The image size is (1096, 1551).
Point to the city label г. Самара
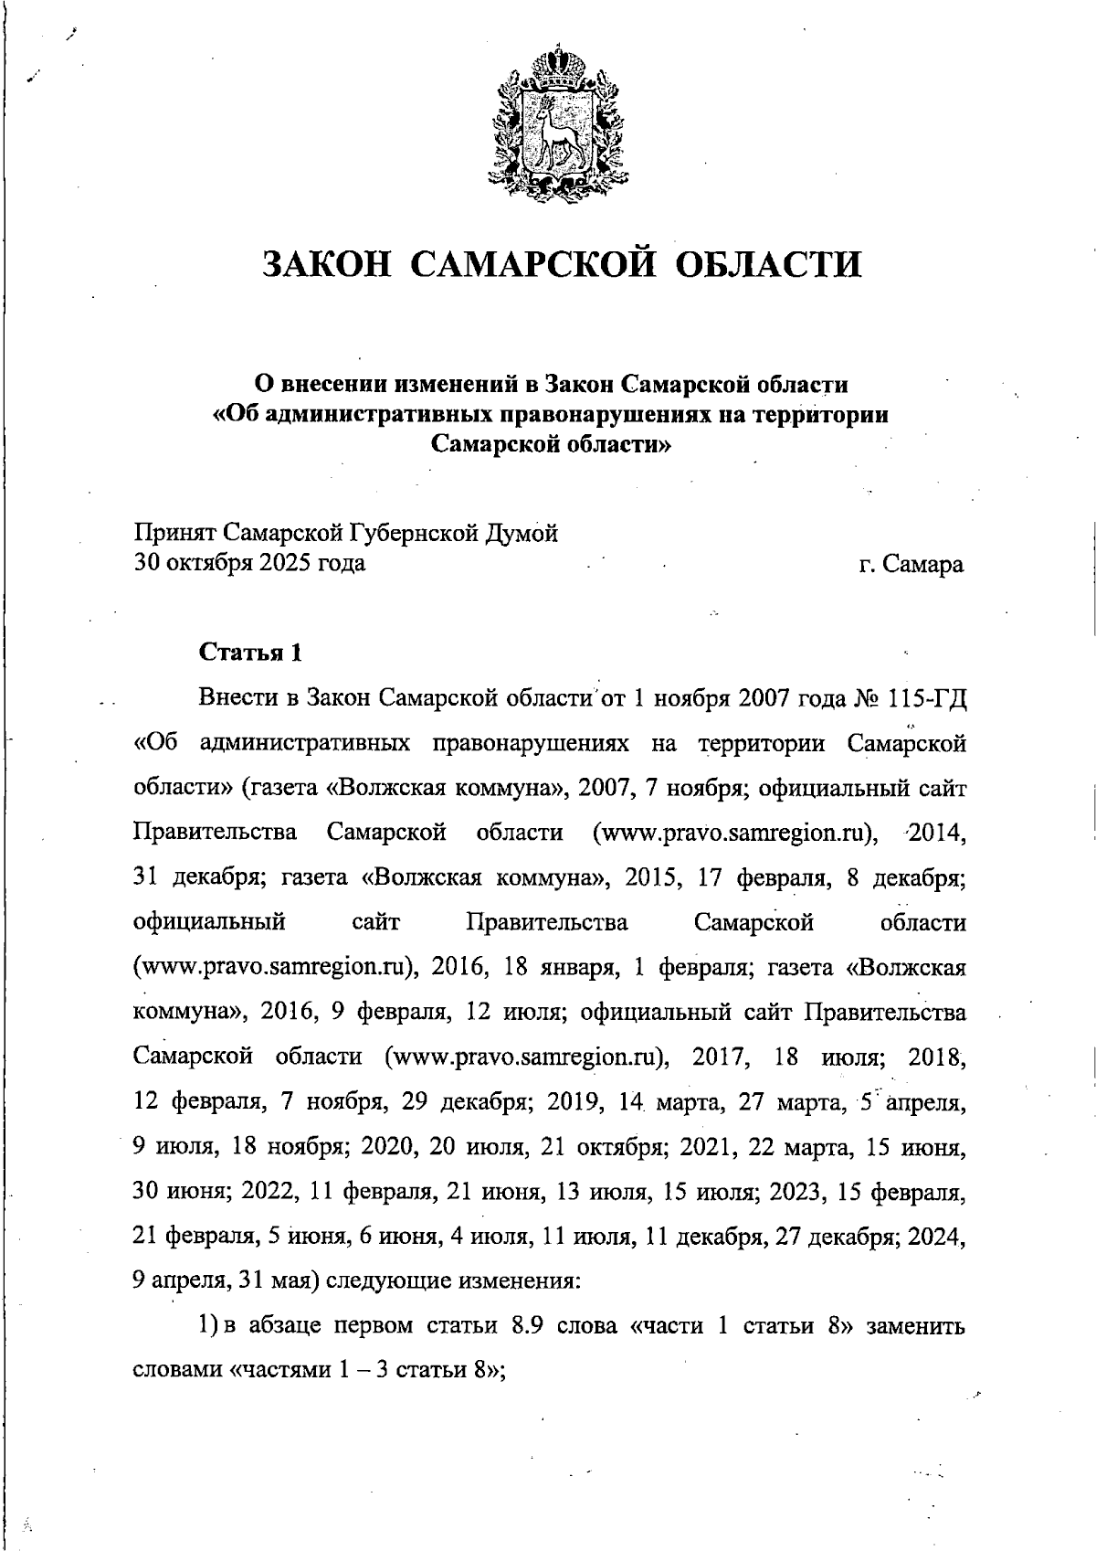[x=911, y=564]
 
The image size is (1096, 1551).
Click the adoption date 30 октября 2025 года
[x=249, y=562]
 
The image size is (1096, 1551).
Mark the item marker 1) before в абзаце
[x=206, y=1325]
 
